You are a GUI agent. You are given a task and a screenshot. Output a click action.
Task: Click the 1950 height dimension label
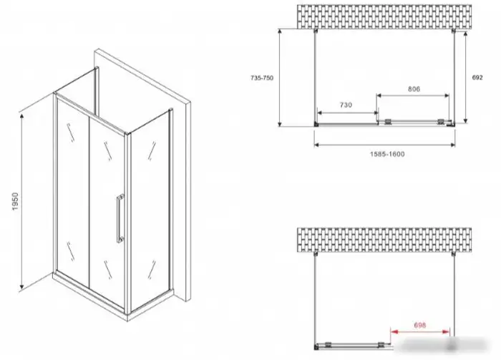[x=16, y=202]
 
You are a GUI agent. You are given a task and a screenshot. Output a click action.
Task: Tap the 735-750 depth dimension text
[x=262, y=78]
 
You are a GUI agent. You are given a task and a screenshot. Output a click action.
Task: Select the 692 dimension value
[x=477, y=77]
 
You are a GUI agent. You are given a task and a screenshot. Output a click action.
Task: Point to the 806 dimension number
[x=414, y=89]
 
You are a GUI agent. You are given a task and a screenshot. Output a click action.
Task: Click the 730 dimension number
[x=346, y=104]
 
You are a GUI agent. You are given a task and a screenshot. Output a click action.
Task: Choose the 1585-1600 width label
[x=387, y=155]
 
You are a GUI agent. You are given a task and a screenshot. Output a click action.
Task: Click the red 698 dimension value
[x=420, y=325]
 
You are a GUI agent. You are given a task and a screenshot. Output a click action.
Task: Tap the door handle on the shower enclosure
[x=120, y=218]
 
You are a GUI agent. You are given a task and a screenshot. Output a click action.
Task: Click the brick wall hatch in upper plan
[x=384, y=17]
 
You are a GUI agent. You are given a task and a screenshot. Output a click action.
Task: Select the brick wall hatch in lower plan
[x=384, y=240]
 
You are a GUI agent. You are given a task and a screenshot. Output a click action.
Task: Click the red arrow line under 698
[x=420, y=332]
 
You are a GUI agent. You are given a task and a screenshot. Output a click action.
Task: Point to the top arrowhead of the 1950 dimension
[x=21, y=116]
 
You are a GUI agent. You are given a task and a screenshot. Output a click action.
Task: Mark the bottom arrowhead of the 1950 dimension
[x=21, y=287]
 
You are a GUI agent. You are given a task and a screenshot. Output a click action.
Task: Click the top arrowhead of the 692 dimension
[x=465, y=34]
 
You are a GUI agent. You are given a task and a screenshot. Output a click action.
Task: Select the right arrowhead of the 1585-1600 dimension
[x=452, y=145]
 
